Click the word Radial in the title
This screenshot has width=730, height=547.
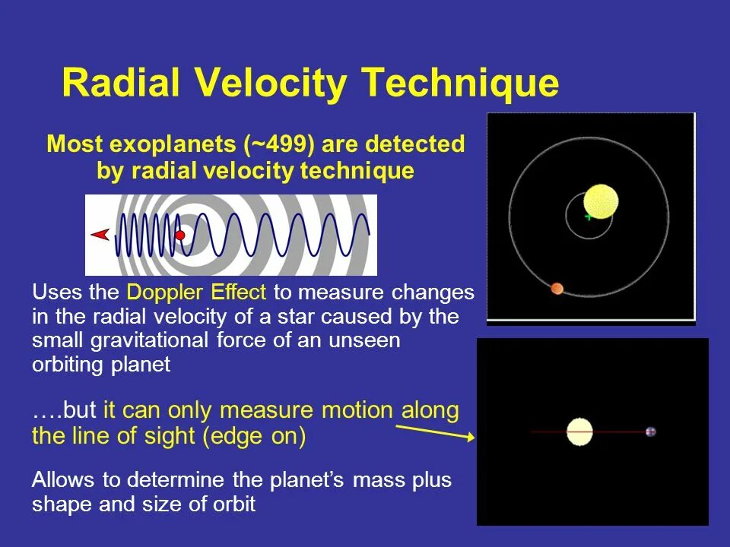click(x=121, y=82)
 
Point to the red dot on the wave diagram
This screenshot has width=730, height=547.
click(x=180, y=236)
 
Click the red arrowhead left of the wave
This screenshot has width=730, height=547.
click(x=100, y=235)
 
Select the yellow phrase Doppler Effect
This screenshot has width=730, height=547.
click(x=196, y=292)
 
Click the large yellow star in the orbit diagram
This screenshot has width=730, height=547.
click(x=601, y=201)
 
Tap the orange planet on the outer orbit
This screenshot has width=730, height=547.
click(x=557, y=289)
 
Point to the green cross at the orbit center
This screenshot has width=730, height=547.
click(x=589, y=217)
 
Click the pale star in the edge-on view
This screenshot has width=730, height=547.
click(x=579, y=432)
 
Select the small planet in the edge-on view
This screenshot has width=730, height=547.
click(x=651, y=432)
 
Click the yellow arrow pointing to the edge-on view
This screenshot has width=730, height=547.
click(x=435, y=432)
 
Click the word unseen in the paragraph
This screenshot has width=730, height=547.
click(x=364, y=340)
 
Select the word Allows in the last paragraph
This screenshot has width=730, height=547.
click(x=63, y=479)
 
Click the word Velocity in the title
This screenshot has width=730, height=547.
click(x=270, y=84)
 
